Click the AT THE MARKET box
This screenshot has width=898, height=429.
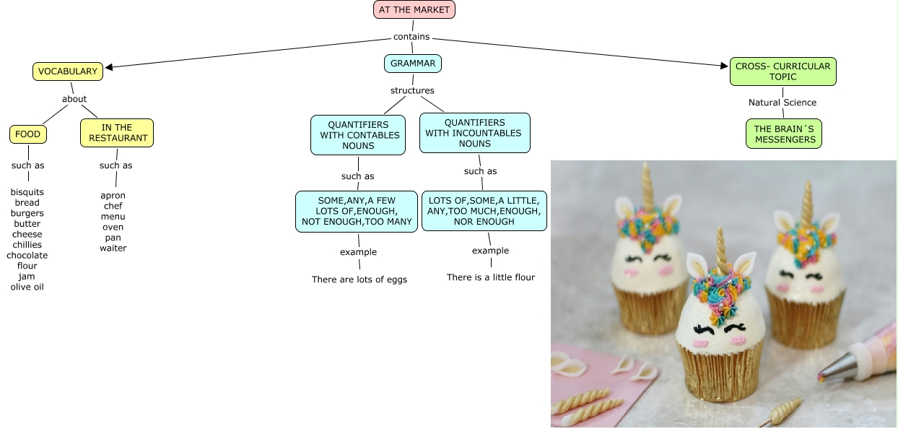414,9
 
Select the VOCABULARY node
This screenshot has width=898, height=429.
68,71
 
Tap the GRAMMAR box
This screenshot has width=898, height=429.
413,64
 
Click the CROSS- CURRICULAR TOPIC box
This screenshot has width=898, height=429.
783,71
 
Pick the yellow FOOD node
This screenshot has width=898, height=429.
28,134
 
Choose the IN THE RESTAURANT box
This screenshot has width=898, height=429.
117,133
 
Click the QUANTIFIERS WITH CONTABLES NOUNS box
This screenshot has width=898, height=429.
358,135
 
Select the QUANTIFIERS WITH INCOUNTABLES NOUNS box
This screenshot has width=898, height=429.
474,133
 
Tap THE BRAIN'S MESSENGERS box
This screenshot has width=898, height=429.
783,134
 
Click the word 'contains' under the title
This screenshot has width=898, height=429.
411,37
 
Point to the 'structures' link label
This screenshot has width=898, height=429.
412,91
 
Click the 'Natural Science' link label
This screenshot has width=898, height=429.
783,103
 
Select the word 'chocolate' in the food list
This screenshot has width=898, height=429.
27,256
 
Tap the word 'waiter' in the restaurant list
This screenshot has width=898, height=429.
113,248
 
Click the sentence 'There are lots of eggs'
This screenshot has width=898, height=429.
359,279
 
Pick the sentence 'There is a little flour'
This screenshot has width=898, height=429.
491,277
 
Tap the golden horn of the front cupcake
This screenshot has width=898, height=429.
721,249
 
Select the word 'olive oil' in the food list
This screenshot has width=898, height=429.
27,287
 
